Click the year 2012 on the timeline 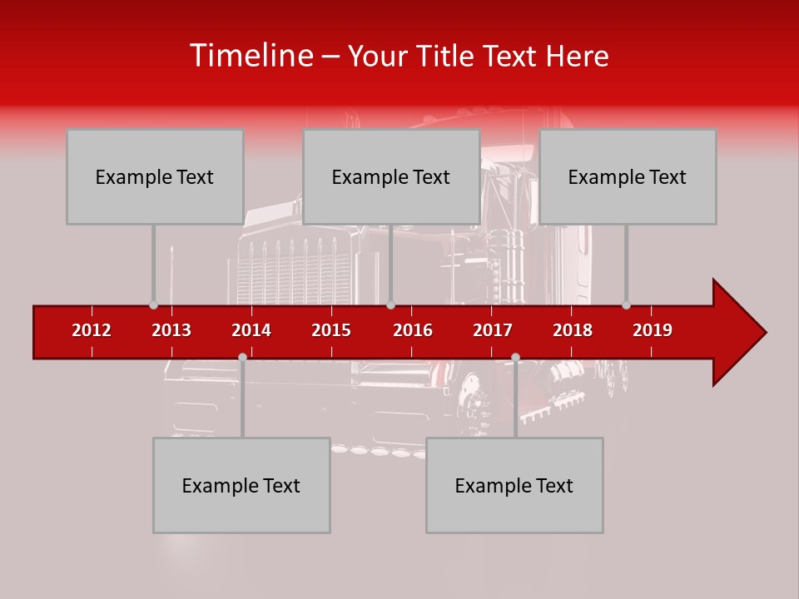click(x=92, y=330)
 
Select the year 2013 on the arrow click(x=171, y=330)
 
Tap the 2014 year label click(x=251, y=330)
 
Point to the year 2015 click(x=331, y=330)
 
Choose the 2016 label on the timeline click(x=413, y=330)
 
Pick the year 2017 click(x=493, y=330)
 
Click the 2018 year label click(x=573, y=330)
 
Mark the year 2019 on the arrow click(x=653, y=330)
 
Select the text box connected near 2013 click(x=155, y=177)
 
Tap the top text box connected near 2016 click(x=391, y=177)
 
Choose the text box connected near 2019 click(x=628, y=177)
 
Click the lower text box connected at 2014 click(x=241, y=486)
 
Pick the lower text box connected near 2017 click(x=514, y=486)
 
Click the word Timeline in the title click(x=250, y=56)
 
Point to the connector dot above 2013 click(x=153, y=304)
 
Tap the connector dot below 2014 click(x=242, y=357)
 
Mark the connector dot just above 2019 click(x=626, y=304)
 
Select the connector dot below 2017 click(x=515, y=357)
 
